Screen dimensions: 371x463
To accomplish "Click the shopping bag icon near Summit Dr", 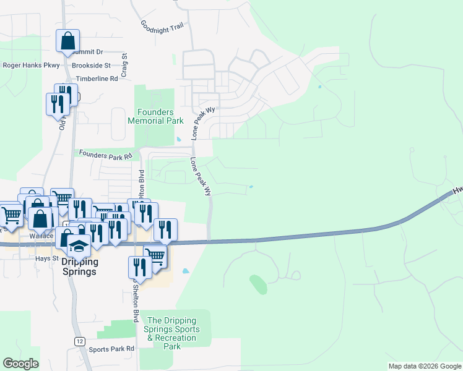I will (67, 41).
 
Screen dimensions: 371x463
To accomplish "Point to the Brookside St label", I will (91, 65).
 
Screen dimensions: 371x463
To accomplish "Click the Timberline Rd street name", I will (97, 79).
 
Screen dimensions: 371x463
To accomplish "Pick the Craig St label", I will (124, 64).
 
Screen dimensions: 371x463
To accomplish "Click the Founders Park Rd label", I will (105, 156).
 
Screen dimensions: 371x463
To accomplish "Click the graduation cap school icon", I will (79, 247).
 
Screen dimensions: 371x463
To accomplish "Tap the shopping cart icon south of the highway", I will (155, 256).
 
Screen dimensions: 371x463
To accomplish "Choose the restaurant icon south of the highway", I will (139, 268).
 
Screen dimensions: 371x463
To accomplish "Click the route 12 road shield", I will (79, 341).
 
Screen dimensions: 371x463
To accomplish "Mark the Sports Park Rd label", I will (111, 349).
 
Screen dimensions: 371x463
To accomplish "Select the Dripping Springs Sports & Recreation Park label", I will (171, 333).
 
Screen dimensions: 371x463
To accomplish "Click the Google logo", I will (20, 364).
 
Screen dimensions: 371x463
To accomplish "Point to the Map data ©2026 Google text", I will (424, 366).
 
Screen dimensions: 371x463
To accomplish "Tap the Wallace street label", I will (41, 236).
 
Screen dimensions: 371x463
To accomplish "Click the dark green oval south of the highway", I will (258, 284).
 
